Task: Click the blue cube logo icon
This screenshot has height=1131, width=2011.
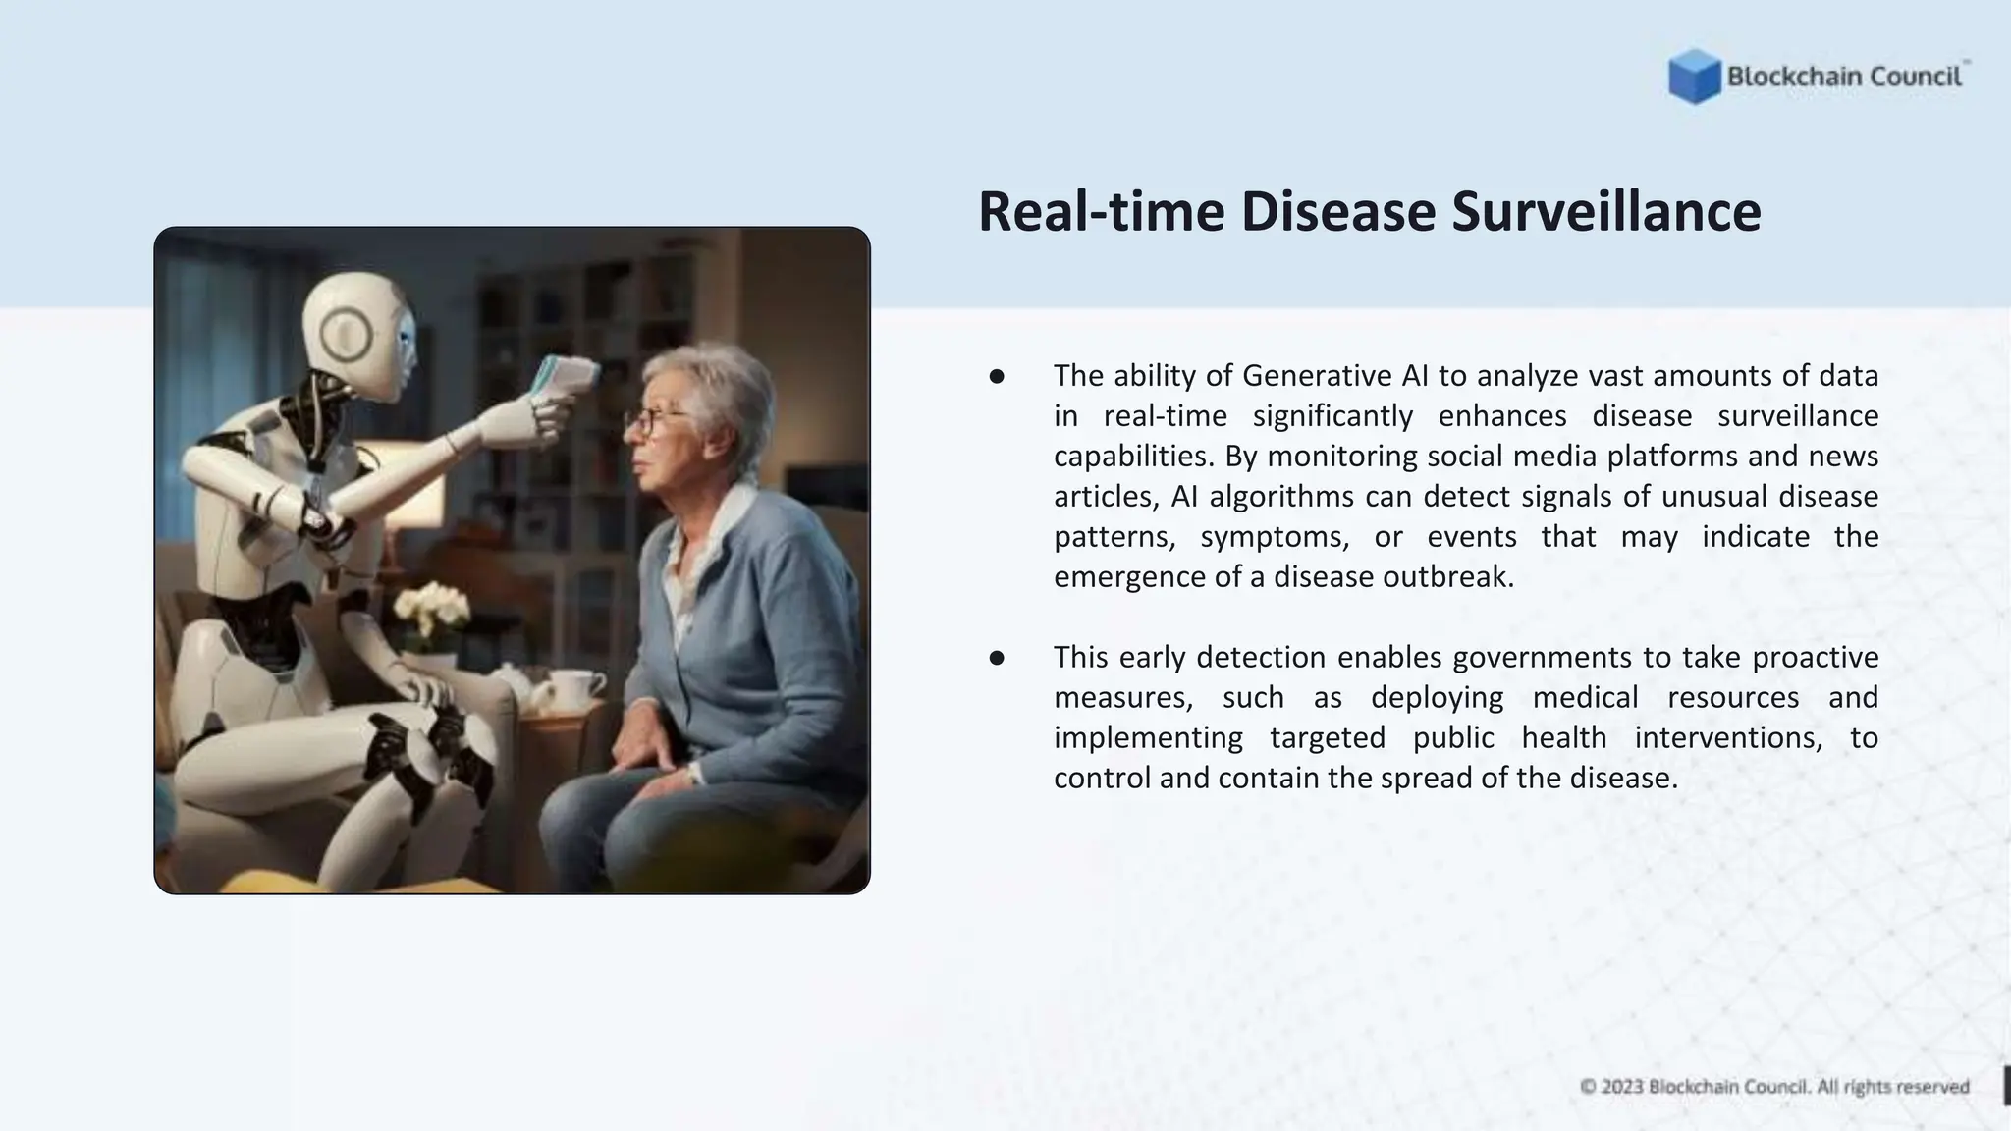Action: coord(1694,77)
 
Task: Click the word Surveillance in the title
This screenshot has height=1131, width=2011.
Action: coord(1606,212)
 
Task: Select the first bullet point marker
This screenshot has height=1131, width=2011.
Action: coord(997,376)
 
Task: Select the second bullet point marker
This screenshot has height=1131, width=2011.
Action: coord(997,658)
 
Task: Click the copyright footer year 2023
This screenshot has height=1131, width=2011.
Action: coord(1622,1087)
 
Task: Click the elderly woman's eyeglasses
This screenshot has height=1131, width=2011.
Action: coord(653,420)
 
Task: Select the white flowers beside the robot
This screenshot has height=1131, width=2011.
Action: coord(431,608)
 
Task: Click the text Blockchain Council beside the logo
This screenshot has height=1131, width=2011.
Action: coord(1844,77)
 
